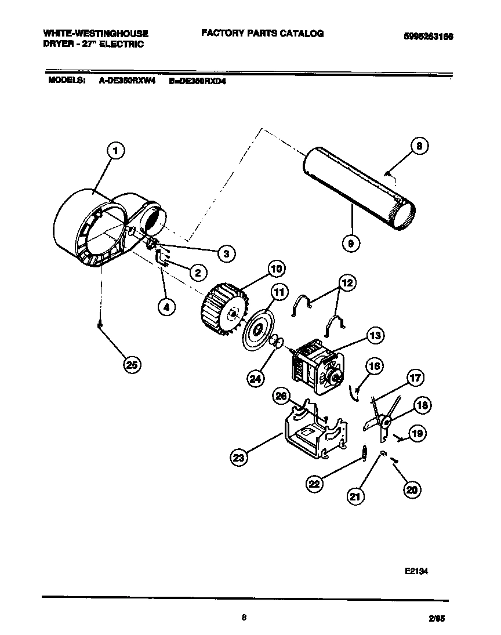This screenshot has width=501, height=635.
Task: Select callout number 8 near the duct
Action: tap(419, 147)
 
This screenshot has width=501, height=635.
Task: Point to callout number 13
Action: tap(375, 335)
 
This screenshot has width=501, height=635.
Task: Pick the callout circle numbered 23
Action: tap(238, 458)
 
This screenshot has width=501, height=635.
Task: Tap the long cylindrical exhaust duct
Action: tap(357, 188)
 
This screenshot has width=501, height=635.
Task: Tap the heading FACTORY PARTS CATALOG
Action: tap(262, 34)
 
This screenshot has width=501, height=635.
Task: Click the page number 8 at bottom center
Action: tap(244, 618)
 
